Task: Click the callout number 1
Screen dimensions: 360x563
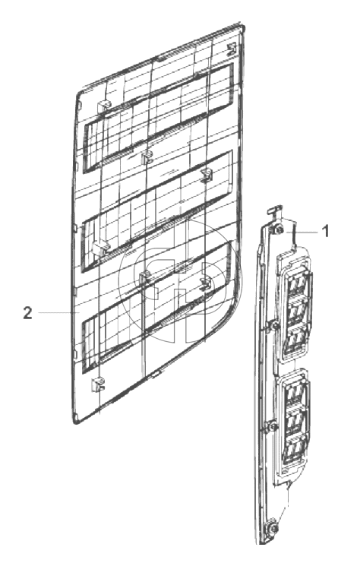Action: [x=325, y=231]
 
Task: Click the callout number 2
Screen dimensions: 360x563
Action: [x=27, y=313]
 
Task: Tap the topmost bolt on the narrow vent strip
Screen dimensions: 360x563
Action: [x=279, y=229]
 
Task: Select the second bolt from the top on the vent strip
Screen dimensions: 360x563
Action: [x=274, y=326]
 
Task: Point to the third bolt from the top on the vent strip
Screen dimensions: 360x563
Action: [x=272, y=426]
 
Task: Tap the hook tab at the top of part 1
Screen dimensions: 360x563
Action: [x=274, y=210]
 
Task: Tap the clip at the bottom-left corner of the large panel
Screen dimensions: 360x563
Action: [x=97, y=385]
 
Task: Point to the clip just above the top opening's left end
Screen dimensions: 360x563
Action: [x=103, y=106]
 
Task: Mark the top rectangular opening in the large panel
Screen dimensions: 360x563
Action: [x=158, y=118]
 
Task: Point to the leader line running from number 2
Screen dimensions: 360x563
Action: [x=59, y=313]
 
